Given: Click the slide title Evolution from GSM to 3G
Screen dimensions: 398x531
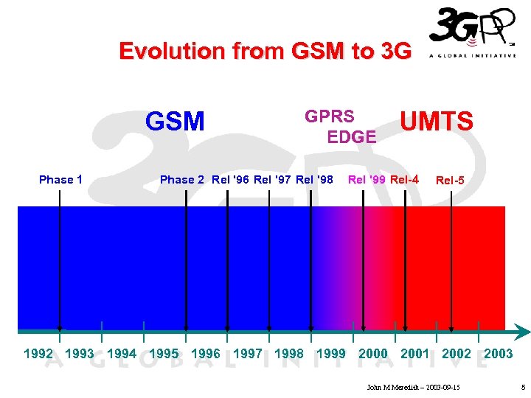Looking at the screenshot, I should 265,51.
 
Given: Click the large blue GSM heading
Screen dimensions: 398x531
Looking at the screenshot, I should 175,121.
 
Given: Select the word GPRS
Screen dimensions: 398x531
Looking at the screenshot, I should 330,116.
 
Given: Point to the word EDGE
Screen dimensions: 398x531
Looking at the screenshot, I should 352,136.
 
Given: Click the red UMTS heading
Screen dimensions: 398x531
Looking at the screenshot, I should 437,122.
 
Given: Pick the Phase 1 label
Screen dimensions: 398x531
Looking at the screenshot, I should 60,179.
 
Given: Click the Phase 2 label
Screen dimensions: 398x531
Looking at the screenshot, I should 182,179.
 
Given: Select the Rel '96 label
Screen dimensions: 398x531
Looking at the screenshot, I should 230,179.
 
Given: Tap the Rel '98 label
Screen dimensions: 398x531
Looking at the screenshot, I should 314,179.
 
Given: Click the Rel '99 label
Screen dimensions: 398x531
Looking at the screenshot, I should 367,179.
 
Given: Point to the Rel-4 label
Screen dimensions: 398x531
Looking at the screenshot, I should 405,179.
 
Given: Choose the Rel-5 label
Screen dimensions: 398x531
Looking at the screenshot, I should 450,180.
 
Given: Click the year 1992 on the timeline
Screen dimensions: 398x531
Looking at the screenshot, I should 38,354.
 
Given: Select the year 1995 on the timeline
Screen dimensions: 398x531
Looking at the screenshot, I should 164,354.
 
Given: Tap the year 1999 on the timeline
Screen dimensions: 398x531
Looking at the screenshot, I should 330,354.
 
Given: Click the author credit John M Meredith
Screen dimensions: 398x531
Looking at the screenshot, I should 413,387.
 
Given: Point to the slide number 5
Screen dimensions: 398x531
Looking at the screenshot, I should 522,387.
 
